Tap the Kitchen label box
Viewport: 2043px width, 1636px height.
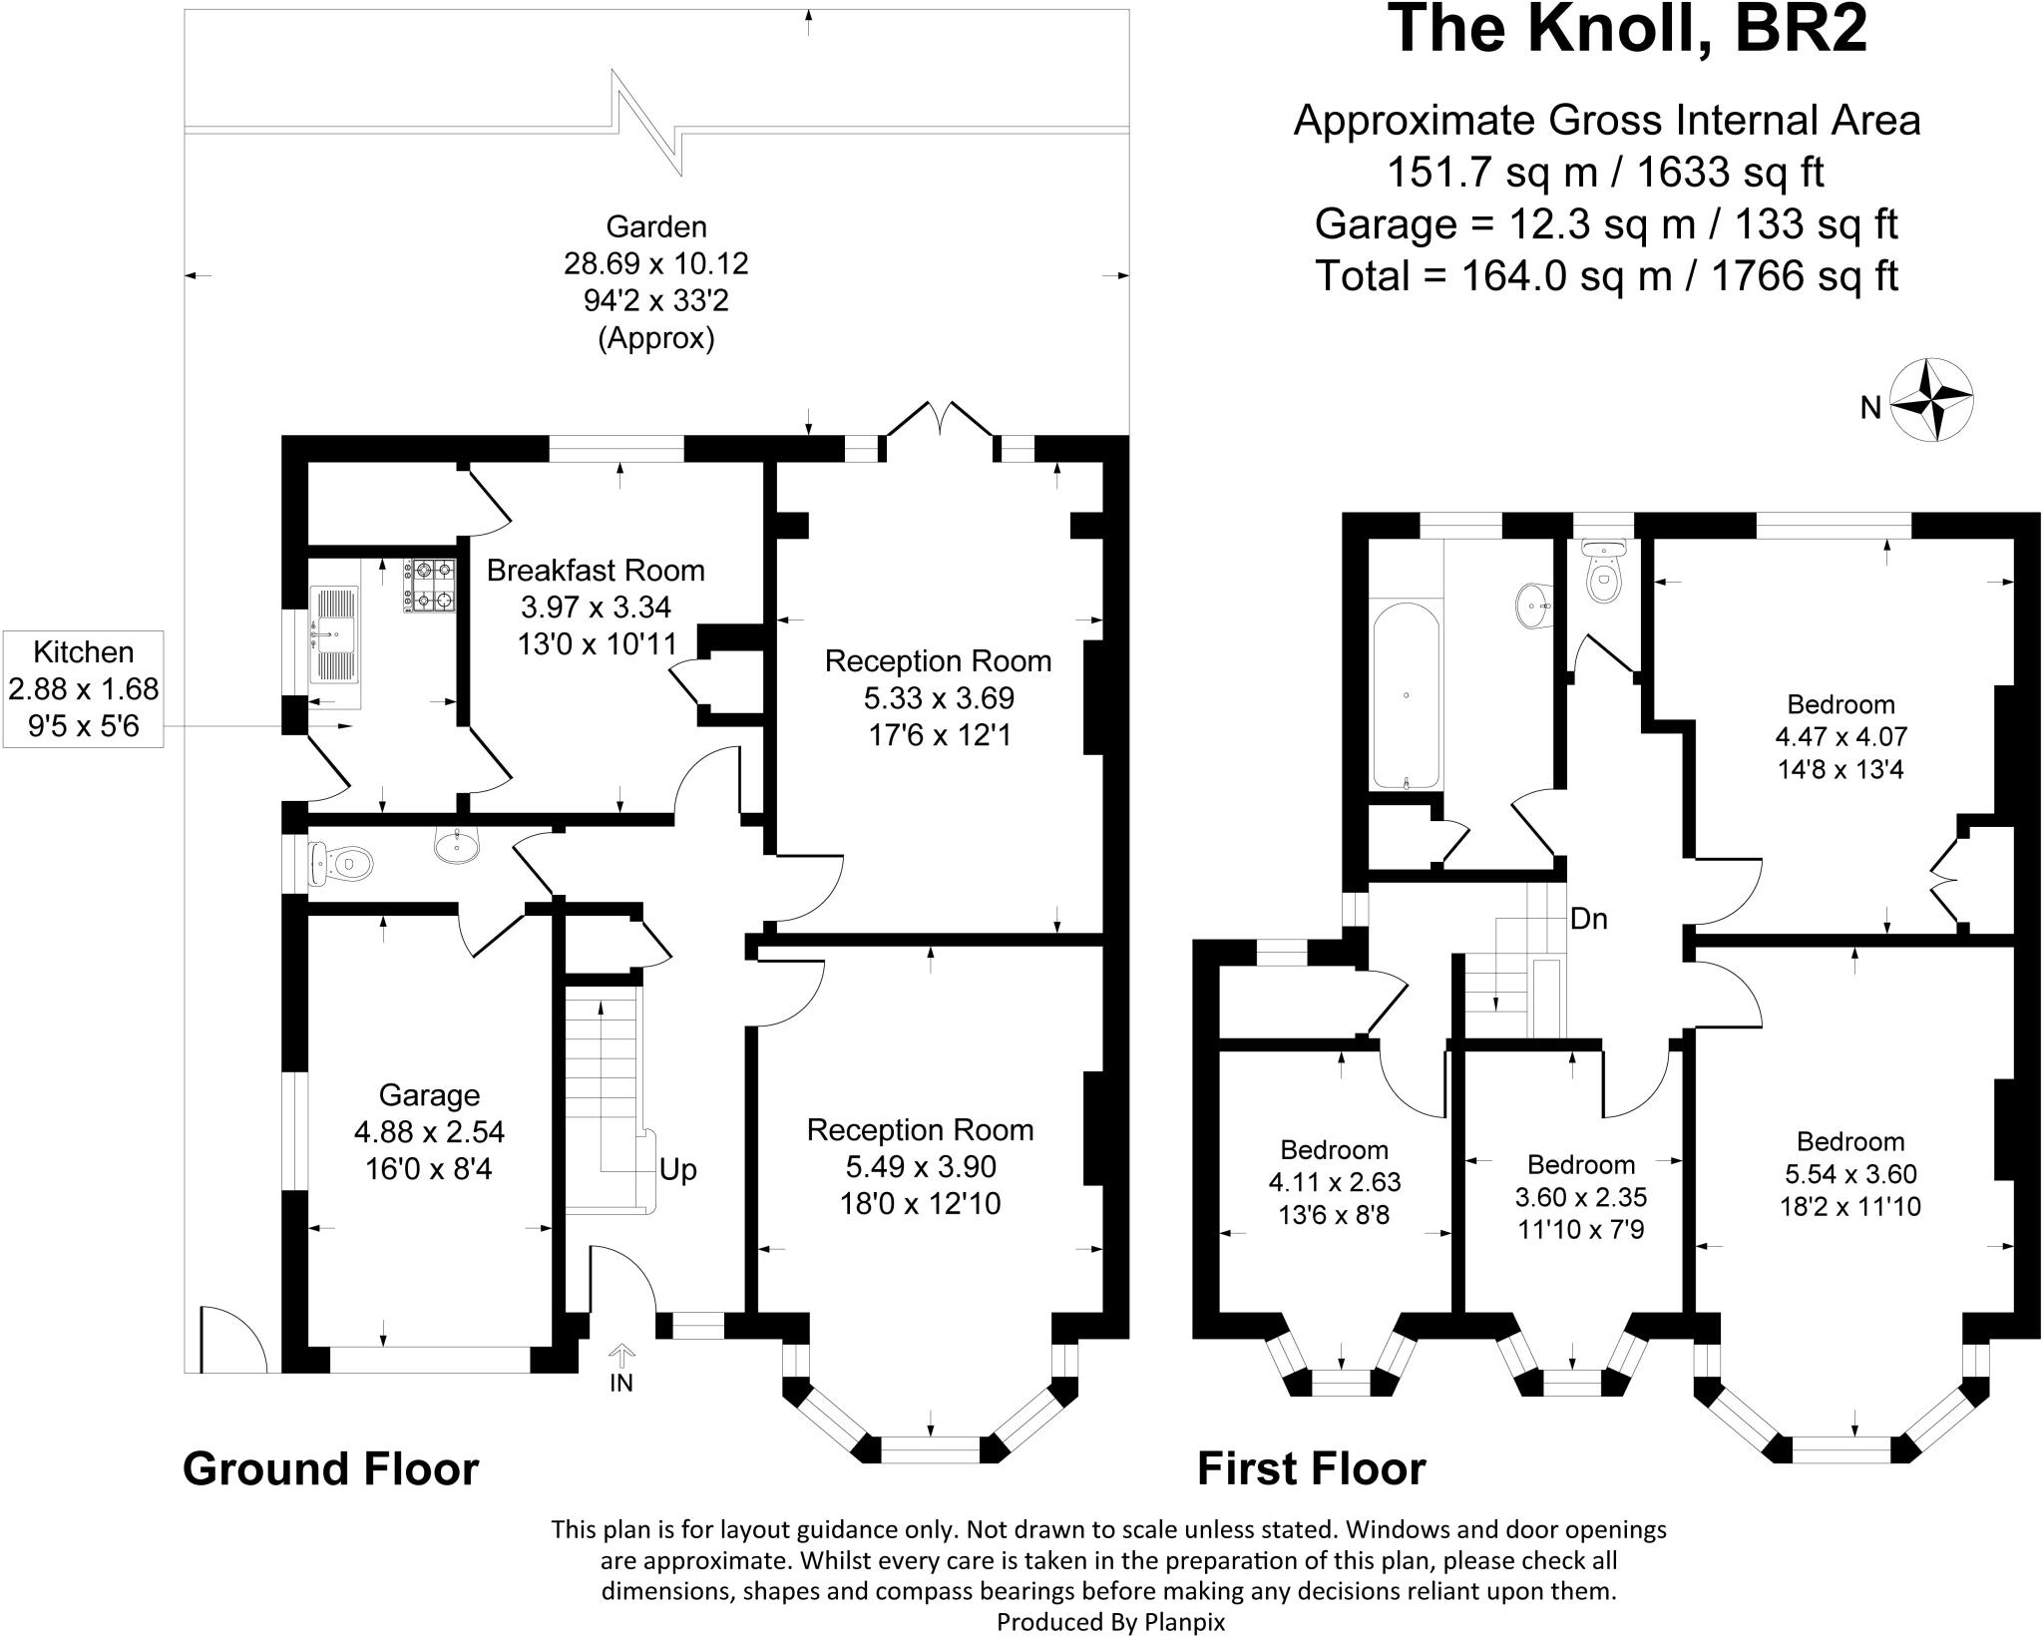84,689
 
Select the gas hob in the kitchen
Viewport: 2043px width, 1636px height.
430,586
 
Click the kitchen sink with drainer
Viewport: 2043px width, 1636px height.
333,634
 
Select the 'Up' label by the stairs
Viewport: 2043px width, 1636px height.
677,1169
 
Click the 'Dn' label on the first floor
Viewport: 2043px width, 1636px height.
1589,919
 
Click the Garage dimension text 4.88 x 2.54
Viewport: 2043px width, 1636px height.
429,1132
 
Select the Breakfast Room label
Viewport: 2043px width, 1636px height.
596,571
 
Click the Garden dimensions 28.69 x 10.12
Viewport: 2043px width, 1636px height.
655,264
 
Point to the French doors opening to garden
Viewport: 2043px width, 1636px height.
939,422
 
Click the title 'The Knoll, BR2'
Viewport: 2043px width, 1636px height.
1627,30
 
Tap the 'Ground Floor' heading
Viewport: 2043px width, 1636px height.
330,1469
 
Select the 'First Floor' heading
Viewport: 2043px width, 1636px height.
1311,1469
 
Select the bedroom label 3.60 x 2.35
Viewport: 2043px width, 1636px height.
1581,1196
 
